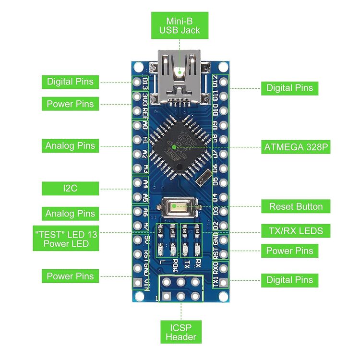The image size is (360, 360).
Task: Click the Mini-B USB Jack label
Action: [x=180, y=26]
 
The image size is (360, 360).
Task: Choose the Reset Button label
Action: [x=296, y=206]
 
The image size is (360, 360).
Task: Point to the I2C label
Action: [x=70, y=188]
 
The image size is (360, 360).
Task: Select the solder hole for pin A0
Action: [x=137, y=126]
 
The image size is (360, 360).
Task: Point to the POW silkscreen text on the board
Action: [x=174, y=264]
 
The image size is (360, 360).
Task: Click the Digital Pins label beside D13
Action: [x=70, y=82]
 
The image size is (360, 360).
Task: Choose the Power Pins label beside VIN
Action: [x=70, y=276]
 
